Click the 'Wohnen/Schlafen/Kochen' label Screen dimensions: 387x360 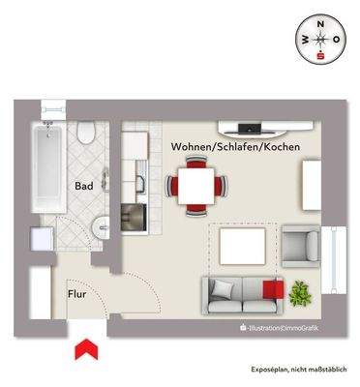235,146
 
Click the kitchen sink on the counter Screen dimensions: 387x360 136,180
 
